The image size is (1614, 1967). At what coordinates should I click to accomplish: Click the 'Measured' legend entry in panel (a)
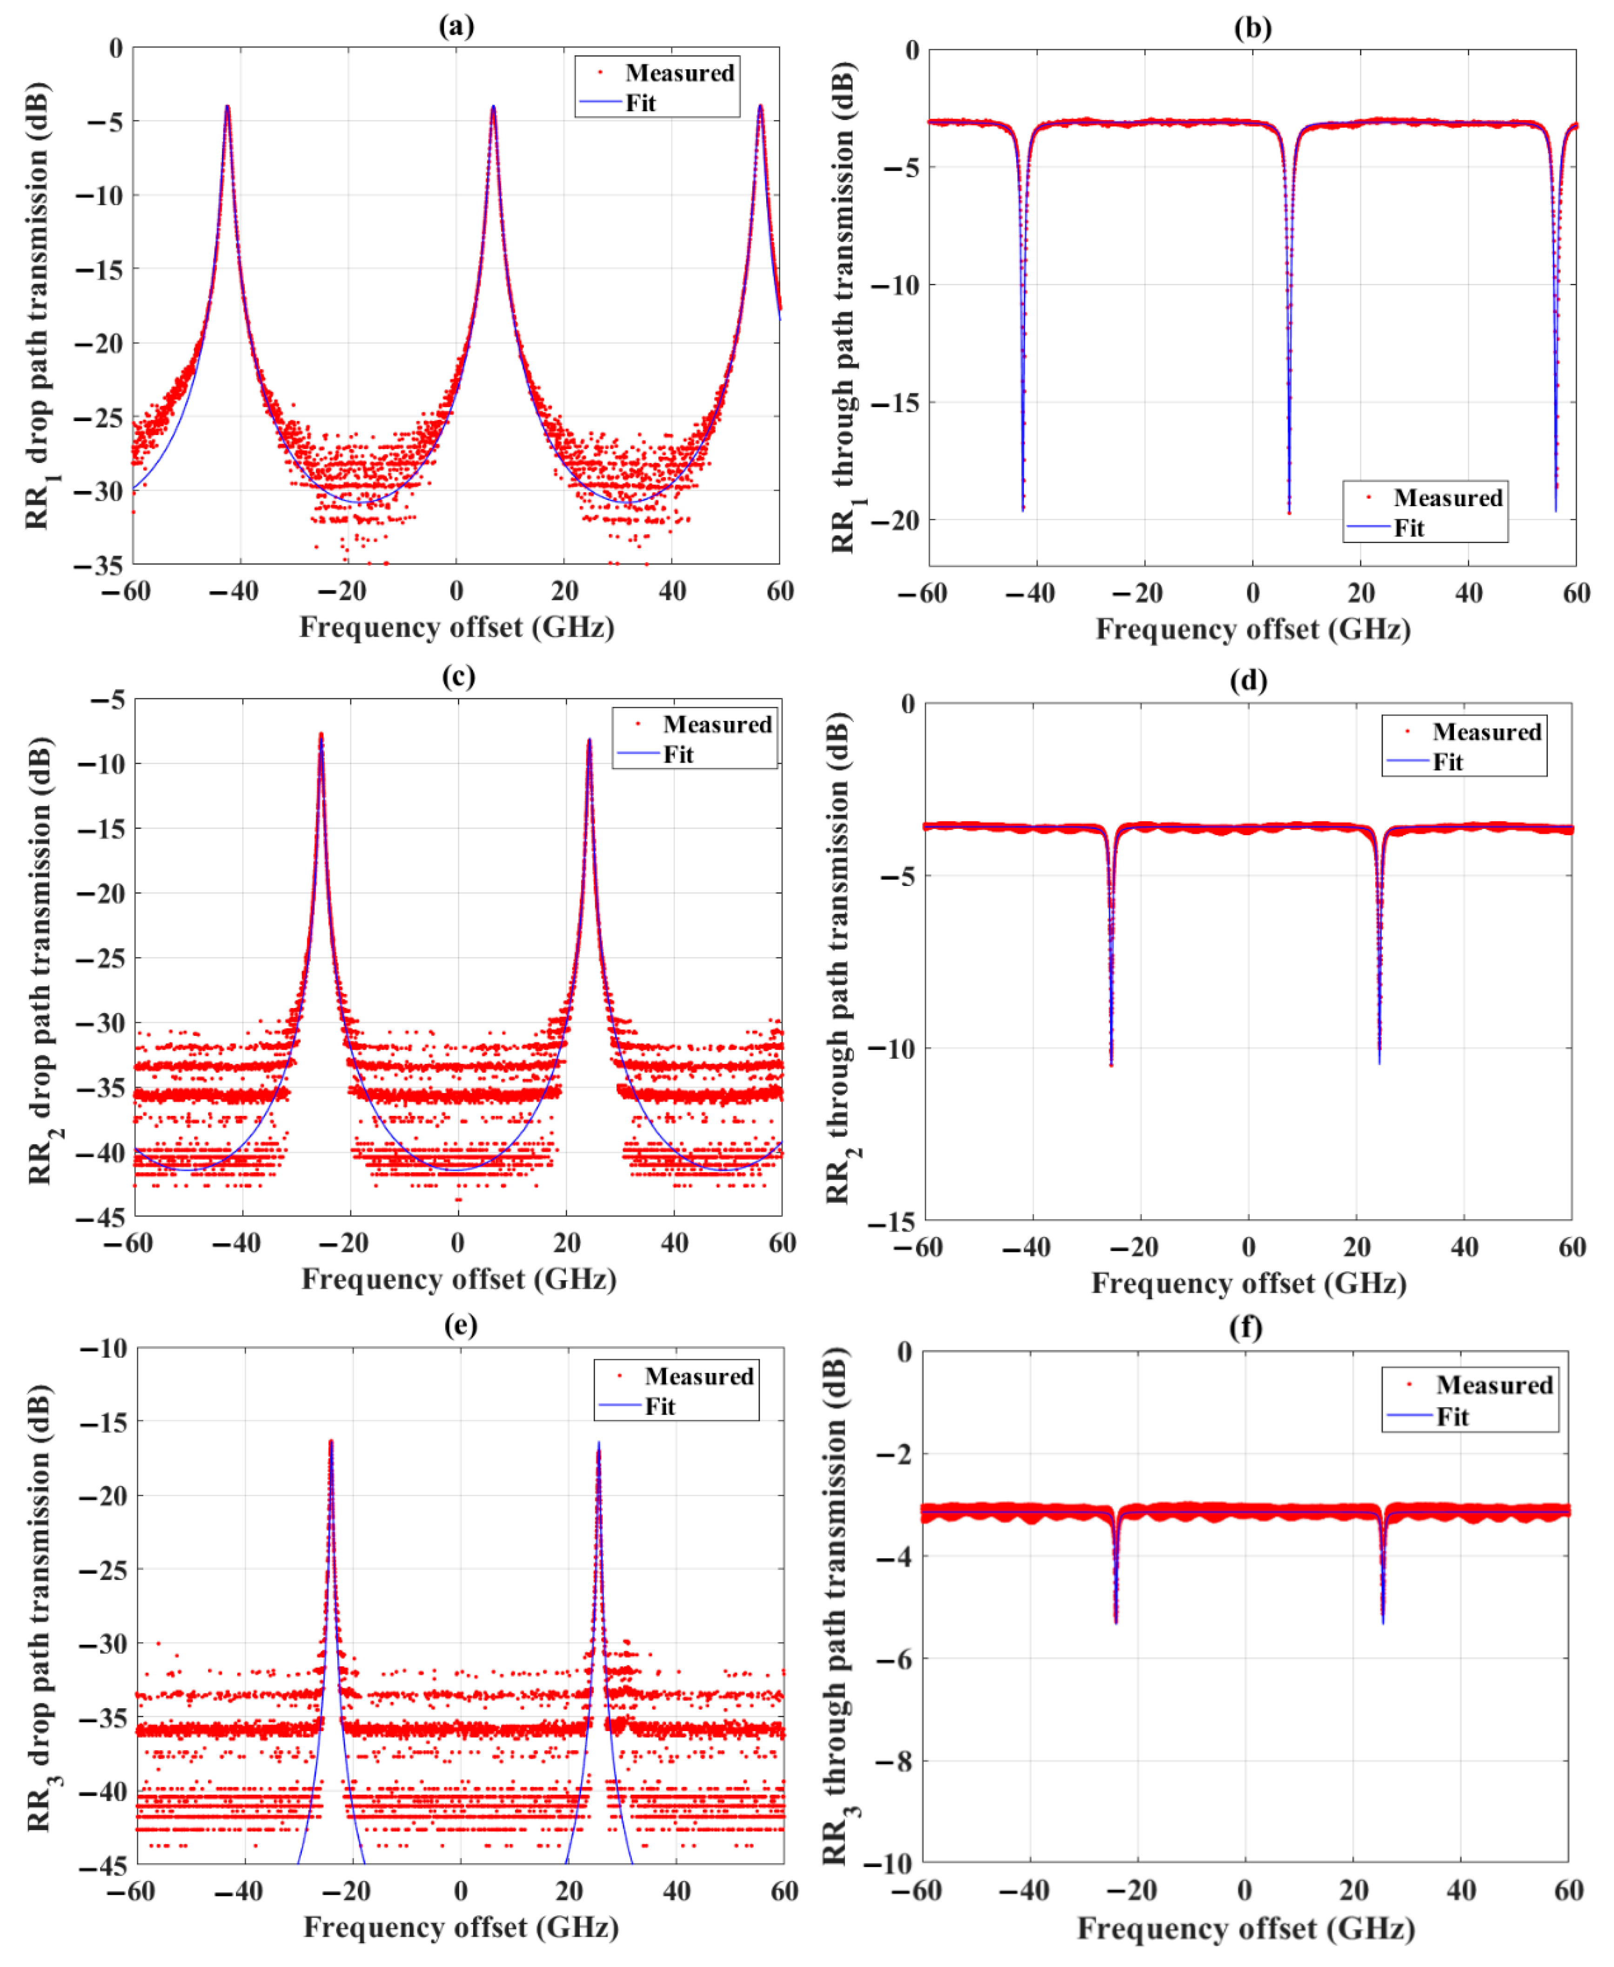679,73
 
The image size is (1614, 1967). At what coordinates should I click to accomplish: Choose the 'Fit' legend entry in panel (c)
678,754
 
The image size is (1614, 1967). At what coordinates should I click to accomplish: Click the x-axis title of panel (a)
456,628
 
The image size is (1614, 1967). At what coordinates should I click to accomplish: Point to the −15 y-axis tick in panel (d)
892,1221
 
